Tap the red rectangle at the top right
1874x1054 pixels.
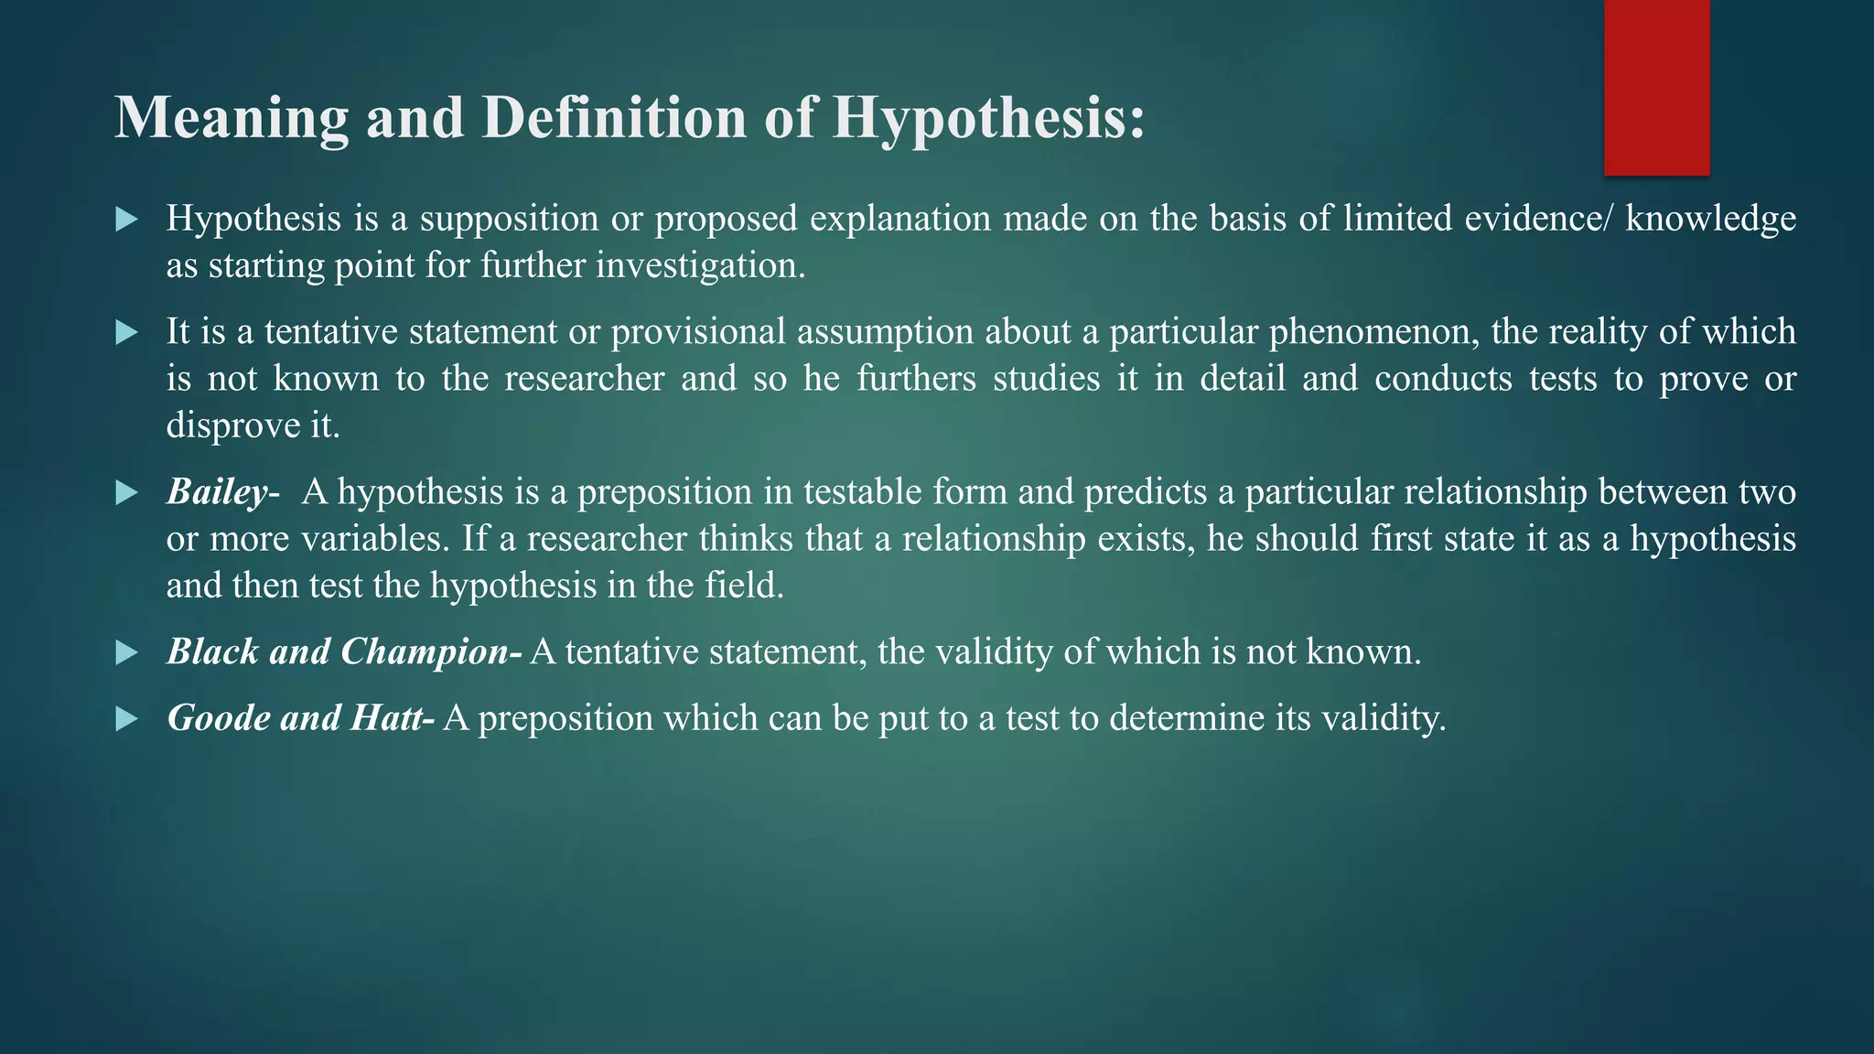tap(1656, 87)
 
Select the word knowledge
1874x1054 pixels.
tap(1710, 220)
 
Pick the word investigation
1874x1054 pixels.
tap(700, 266)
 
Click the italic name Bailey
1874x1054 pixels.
tap(217, 493)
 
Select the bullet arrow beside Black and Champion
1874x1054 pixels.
tap(127, 653)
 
